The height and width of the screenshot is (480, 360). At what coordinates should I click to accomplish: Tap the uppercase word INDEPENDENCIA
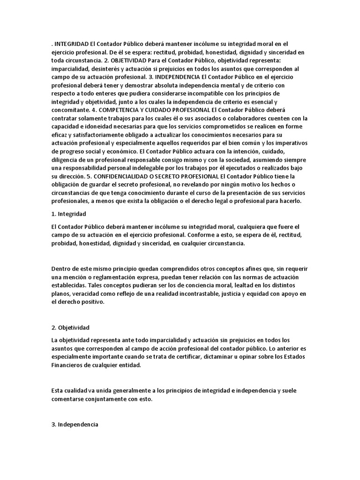click(179, 77)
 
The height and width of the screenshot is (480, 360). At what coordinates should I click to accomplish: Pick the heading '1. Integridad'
click(69, 214)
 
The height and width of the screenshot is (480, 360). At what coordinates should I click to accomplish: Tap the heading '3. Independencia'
click(75, 424)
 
